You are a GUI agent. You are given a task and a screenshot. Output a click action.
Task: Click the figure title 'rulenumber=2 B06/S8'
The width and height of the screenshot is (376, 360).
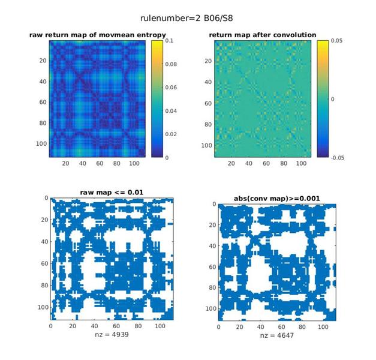pos(187,18)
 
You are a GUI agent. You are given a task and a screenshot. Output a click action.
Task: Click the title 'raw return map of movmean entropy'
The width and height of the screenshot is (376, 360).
pos(98,35)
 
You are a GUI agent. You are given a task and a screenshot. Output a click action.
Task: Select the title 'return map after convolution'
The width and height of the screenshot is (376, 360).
pos(263,35)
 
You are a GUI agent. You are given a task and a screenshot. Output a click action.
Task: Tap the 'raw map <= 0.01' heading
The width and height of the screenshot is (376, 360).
pos(112,193)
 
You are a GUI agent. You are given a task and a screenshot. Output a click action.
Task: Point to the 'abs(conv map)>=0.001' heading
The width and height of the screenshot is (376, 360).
pos(277,199)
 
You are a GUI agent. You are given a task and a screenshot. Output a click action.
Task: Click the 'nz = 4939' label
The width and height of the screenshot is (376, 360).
pos(112,334)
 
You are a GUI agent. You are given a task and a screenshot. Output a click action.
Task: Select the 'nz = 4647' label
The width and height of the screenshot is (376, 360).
pos(277,335)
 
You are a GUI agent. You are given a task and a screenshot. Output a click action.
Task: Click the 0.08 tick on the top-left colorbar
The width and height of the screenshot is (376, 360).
pos(171,64)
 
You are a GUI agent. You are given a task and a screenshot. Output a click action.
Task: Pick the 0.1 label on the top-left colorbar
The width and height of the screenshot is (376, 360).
pos(169,41)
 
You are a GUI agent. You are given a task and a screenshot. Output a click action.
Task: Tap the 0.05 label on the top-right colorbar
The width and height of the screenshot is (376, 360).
pos(336,41)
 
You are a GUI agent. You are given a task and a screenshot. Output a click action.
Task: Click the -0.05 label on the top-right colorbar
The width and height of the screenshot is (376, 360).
pos(338,158)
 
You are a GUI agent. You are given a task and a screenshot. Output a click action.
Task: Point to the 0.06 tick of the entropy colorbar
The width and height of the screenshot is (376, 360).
pos(171,88)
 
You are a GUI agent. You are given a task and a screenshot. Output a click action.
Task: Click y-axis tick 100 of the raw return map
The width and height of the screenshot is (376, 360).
pos(41,144)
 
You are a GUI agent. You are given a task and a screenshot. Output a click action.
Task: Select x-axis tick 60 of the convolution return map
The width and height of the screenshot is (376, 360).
pos(266,163)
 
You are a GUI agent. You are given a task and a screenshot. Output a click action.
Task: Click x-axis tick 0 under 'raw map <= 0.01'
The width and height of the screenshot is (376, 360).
pos(50,326)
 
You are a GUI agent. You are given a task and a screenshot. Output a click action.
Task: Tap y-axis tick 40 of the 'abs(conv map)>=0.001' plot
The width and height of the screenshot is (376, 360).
pos(212,246)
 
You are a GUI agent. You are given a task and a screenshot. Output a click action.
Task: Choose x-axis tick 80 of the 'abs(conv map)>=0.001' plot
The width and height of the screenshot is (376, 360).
pos(302,327)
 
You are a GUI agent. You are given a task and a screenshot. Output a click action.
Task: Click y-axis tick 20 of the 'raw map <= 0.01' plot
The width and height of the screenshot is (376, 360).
pos(44,220)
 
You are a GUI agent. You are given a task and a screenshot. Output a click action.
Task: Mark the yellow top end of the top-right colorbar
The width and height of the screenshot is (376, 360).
pos(323,41)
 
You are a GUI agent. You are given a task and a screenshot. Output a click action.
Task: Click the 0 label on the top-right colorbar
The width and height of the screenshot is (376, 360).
pos(332,99)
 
